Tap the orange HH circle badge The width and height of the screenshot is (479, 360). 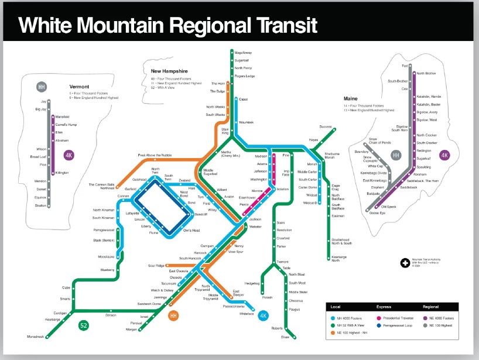(173, 316)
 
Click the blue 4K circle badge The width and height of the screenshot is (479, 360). (263, 316)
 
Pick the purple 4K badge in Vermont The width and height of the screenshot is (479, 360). (69, 156)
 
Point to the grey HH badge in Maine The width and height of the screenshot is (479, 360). (396, 155)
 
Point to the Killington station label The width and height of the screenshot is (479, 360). (61, 173)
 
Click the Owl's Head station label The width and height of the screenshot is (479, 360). (192, 230)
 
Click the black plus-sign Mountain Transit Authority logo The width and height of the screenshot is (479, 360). (404, 264)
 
